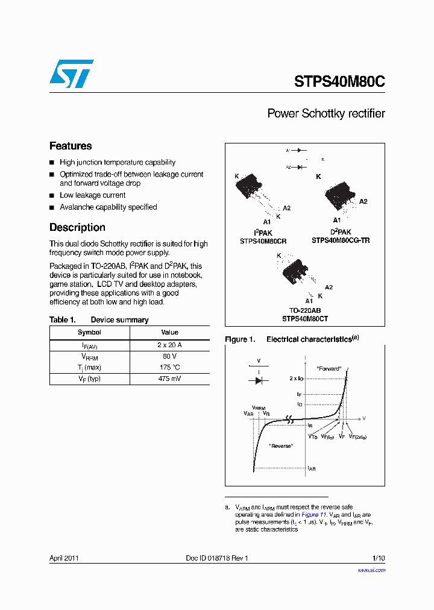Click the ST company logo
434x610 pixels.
pyautogui.click(x=71, y=74)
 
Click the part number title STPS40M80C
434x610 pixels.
pyautogui.click(x=339, y=81)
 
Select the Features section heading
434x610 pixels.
pyautogui.click(x=71, y=146)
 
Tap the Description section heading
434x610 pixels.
pyautogui.click(x=77, y=227)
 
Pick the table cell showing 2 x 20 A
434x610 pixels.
pyautogui.click(x=169, y=345)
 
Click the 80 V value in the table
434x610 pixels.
pyautogui.click(x=169, y=356)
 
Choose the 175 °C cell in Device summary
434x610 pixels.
pyautogui.click(x=169, y=367)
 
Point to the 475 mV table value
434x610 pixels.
pyautogui.click(x=169, y=379)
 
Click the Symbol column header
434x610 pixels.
pyautogui.click(x=89, y=332)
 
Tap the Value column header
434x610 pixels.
pyautogui.click(x=169, y=332)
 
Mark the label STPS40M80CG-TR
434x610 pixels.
pyautogui.click(x=341, y=241)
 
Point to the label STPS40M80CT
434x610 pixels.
pyautogui.click(x=305, y=319)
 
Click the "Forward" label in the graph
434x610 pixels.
pyautogui.click(x=329, y=368)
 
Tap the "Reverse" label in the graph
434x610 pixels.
pyautogui.click(x=281, y=445)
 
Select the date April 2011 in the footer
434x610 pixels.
pyautogui.click(x=64, y=558)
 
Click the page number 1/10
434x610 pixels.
pyautogui.click(x=377, y=558)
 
